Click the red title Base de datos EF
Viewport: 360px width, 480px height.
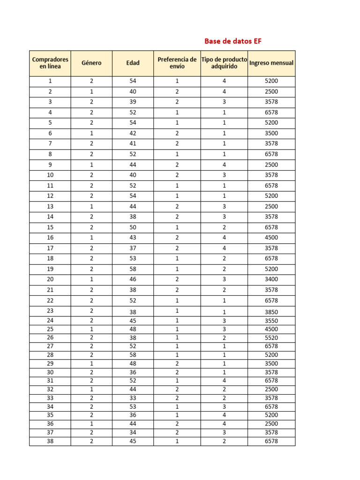[x=233, y=41]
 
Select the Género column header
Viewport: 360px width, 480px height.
[x=91, y=63]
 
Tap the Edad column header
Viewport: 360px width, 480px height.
[x=133, y=63]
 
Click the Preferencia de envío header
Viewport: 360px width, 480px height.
[x=177, y=63]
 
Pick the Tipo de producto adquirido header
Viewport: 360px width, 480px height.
[x=224, y=63]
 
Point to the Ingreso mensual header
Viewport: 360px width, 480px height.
[x=271, y=63]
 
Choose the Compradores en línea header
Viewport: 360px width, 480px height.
[x=50, y=63]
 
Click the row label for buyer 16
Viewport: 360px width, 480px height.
[x=50, y=238]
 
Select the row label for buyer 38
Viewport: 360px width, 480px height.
[x=50, y=441]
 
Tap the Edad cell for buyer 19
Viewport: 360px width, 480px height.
[x=133, y=269]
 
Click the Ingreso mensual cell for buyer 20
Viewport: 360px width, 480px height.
[x=271, y=279]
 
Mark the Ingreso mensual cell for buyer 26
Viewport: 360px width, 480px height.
[x=271, y=337]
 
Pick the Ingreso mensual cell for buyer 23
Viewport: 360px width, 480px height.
[x=271, y=312]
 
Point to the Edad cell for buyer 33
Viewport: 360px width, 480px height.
[x=133, y=398]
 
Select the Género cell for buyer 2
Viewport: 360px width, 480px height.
[x=91, y=91]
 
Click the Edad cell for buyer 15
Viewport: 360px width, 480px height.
[x=133, y=227]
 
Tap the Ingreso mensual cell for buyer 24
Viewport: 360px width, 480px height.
[x=271, y=321]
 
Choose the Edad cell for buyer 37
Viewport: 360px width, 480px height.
[x=133, y=432]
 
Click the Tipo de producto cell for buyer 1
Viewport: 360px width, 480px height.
[x=224, y=81]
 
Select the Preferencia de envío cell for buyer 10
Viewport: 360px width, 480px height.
[x=177, y=175]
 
